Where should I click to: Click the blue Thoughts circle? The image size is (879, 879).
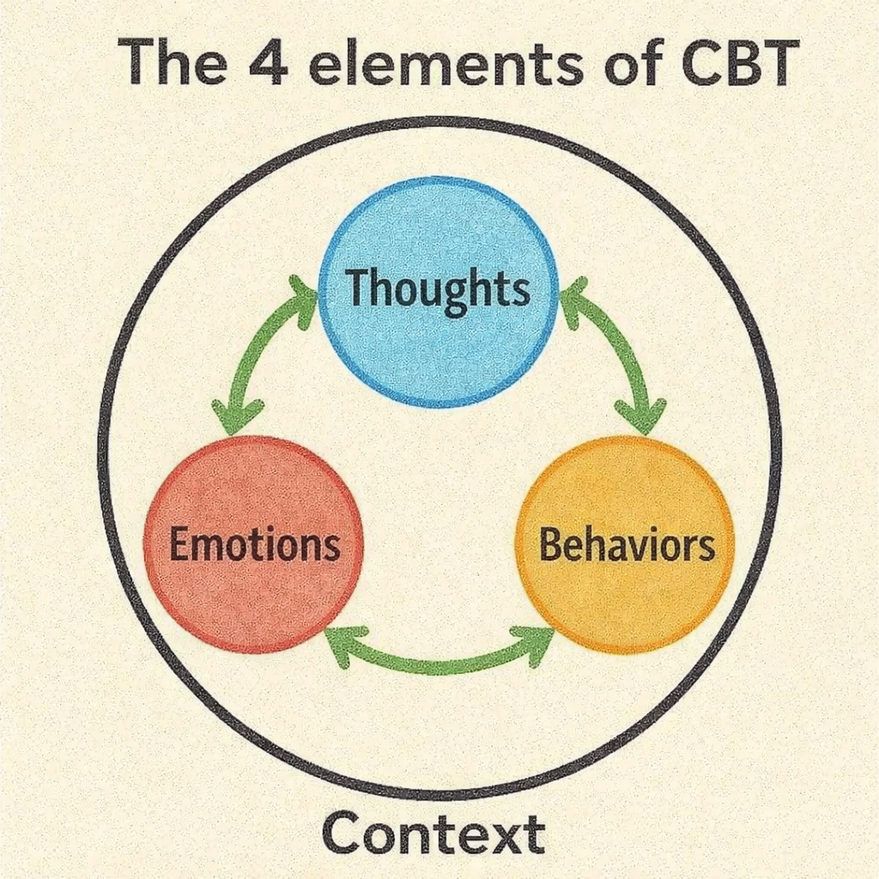tap(438, 343)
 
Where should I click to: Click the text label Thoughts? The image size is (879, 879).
tap(438, 290)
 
